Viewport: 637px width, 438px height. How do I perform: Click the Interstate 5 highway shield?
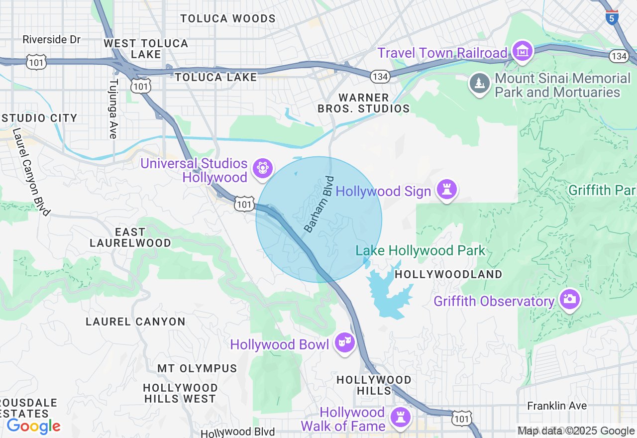coord(612,18)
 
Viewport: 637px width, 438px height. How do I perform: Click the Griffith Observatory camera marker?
coord(569,300)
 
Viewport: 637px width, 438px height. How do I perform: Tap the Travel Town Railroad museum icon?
coord(523,51)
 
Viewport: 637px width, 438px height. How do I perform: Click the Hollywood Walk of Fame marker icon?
coord(400,418)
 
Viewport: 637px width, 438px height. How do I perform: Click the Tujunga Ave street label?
coord(113,109)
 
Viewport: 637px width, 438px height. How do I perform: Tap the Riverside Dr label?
coord(51,39)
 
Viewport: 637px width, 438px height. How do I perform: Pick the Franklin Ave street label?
coord(557,406)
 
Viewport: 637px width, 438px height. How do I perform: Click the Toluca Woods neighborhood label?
coord(227,19)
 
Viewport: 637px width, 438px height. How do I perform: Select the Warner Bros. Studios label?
coord(363,103)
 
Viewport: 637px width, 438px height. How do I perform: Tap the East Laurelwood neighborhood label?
coord(130,237)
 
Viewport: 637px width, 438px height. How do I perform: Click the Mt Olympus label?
coord(197,368)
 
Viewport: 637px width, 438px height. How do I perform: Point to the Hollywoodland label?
coord(448,274)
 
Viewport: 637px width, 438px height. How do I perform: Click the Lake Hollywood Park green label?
coord(420,251)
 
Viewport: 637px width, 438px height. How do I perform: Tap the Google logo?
coord(33,426)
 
